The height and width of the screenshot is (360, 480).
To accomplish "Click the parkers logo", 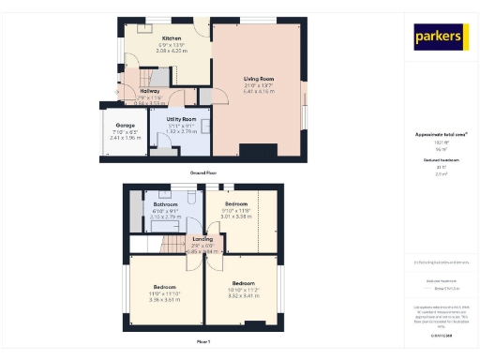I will pos(441,37).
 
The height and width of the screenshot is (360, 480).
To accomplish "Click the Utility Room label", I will pos(180,119).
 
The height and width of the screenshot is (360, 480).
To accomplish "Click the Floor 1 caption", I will pos(202,341).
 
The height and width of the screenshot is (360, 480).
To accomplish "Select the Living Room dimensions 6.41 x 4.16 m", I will pos(257,92).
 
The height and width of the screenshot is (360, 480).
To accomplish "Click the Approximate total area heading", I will pos(441,135).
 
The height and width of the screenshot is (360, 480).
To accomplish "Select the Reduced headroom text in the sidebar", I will pos(441,161).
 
